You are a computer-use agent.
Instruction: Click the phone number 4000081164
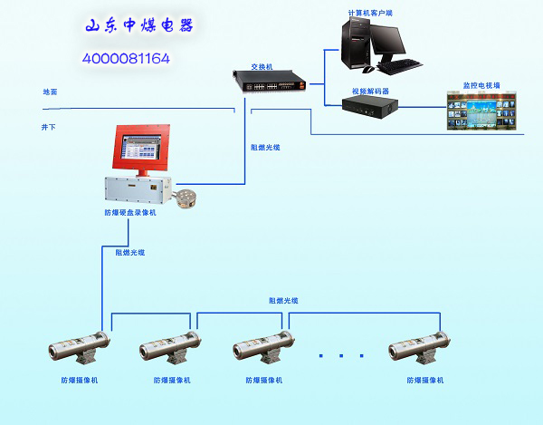coord(127,58)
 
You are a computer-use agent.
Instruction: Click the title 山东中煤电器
coord(139,26)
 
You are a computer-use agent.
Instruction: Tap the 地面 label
coord(50,92)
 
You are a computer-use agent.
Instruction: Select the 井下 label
coord(49,127)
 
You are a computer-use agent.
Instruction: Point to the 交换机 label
coord(262,66)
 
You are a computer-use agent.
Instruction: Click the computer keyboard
coord(402,66)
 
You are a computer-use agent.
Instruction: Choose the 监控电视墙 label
coord(481,85)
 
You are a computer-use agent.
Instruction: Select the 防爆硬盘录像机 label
coord(130,212)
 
